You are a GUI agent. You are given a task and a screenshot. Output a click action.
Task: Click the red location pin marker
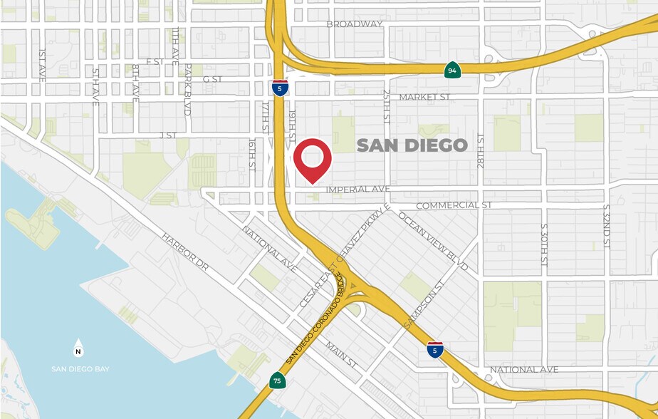click(x=313, y=160)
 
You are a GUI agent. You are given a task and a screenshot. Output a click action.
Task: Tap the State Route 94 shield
click(x=451, y=70)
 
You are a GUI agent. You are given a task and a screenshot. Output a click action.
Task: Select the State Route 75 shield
click(x=277, y=381)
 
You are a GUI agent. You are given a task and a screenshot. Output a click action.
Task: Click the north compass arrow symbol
click(x=78, y=348)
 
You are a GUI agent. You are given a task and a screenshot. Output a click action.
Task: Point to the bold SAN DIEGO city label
click(x=412, y=145)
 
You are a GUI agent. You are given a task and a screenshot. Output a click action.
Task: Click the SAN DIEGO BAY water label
click(x=80, y=368)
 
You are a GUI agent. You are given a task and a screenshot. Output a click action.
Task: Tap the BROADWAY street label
click(x=355, y=24)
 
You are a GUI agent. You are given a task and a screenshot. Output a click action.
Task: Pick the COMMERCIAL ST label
click(x=454, y=205)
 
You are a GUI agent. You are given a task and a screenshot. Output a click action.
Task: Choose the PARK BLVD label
click(x=188, y=89)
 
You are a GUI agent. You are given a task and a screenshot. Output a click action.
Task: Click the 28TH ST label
click(x=481, y=150)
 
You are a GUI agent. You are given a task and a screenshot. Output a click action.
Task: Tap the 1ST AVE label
click(x=43, y=65)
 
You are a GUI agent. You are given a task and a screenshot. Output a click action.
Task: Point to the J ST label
click(x=167, y=134)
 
